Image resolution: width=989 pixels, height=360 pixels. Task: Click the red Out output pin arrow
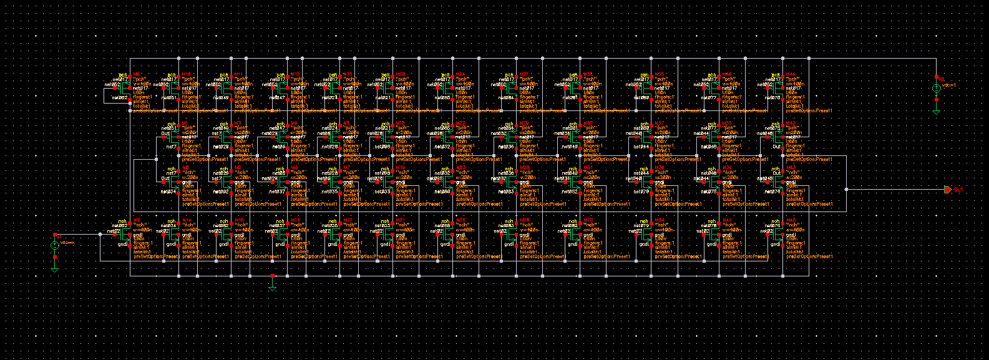point(948,189)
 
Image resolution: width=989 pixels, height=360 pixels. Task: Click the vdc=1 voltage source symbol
point(935,89)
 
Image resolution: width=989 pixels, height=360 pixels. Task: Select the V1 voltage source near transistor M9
point(54,245)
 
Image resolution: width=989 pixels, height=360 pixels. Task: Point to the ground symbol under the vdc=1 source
point(935,109)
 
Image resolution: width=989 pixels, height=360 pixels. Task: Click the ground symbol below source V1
point(54,268)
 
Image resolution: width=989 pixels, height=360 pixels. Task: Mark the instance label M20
point(400,74)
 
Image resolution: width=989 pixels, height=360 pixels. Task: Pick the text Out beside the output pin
point(958,190)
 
